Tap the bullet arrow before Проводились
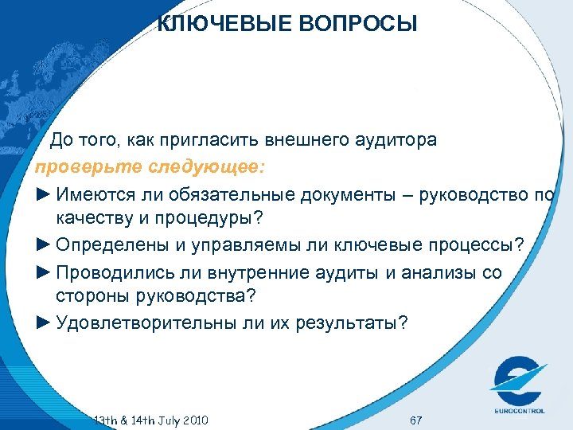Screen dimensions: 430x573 click(43, 272)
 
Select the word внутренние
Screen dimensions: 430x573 click(262, 272)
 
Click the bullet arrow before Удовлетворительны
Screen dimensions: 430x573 click(43, 323)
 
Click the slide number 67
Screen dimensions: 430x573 click(415, 420)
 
